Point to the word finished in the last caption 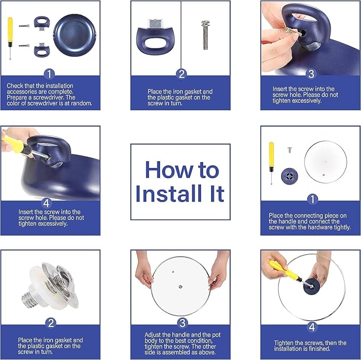(334, 349)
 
